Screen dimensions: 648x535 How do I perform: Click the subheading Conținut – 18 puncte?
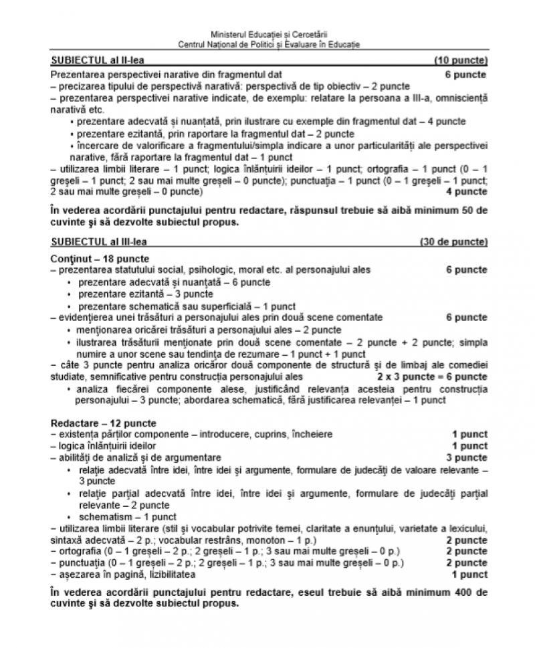point(100,258)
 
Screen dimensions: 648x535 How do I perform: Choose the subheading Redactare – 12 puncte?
point(103,423)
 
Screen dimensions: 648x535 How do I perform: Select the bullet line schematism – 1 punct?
point(127,516)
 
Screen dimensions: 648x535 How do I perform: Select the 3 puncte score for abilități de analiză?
point(467,457)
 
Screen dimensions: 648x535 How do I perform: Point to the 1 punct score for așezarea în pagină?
point(469,574)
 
